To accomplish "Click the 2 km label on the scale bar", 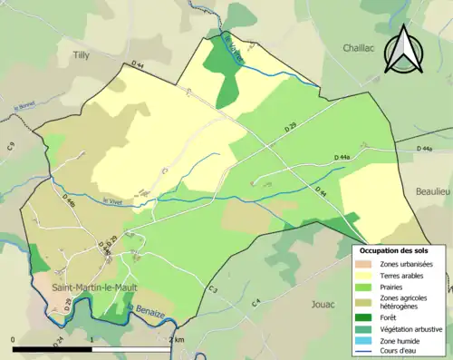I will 177,339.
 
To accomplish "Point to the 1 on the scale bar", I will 93,339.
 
